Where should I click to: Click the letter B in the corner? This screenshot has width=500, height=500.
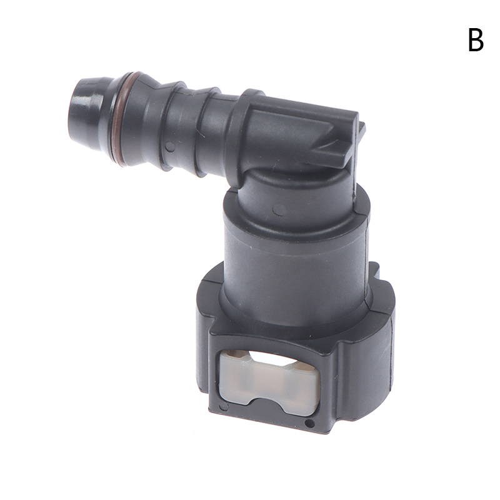476,40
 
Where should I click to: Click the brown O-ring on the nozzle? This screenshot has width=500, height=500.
120,119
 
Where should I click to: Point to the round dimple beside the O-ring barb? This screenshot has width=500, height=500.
171,146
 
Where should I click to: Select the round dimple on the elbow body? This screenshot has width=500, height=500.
279,209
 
